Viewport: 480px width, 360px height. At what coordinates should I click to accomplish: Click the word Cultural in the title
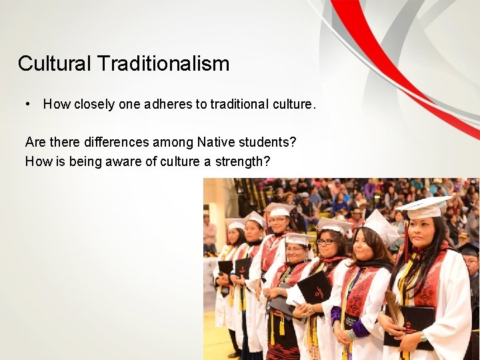tap(55, 64)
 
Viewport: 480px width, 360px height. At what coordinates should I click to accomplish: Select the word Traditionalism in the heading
tap(163, 64)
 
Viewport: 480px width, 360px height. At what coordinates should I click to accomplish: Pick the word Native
tap(216, 142)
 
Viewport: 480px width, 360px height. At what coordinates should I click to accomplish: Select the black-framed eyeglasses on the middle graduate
tap(327, 241)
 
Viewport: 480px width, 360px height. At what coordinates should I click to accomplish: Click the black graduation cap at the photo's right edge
tap(469, 249)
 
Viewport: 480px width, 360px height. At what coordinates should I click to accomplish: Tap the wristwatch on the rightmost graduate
tap(423, 336)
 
